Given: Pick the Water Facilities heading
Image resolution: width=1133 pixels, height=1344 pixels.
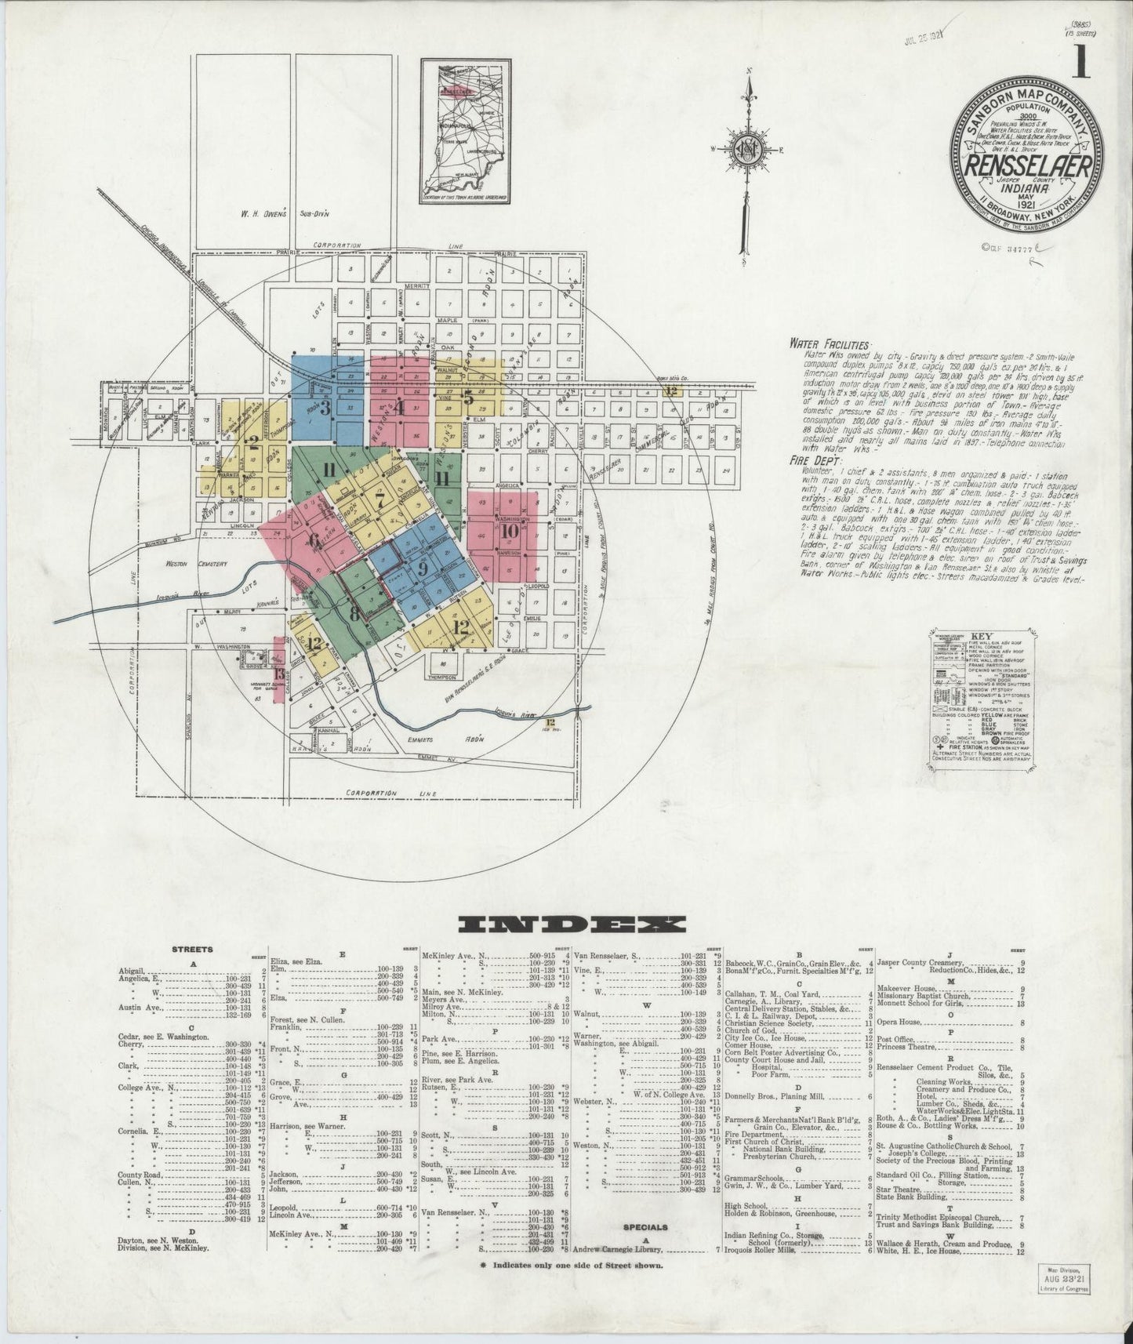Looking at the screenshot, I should click(x=830, y=344).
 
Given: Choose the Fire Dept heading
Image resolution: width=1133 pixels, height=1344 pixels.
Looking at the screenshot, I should click(x=812, y=461).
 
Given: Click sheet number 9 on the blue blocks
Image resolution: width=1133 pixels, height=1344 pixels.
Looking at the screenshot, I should click(x=422, y=568).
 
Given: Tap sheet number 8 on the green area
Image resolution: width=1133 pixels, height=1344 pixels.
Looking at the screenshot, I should click(x=354, y=612).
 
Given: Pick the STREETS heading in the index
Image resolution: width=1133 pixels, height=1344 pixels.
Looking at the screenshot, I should click(x=191, y=949).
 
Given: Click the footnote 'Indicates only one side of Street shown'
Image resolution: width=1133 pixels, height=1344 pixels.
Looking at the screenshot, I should click(x=572, y=1288).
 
